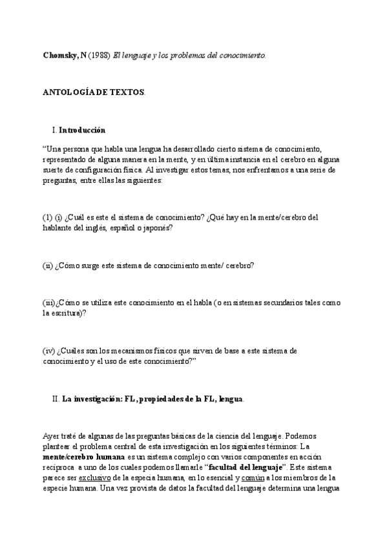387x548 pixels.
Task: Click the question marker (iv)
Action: [x=49, y=350]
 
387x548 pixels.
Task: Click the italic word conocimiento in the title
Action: [x=242, y=55]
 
